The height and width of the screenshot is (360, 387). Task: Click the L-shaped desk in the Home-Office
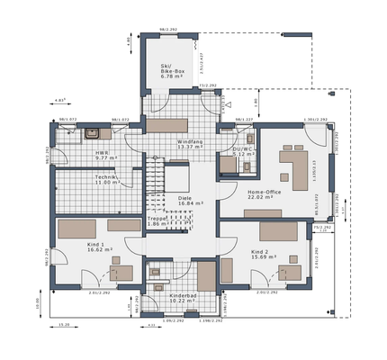click(296, 167)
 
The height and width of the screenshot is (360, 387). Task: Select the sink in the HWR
click(94, 134)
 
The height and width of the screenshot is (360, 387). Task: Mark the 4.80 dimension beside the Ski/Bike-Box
click(130, 40)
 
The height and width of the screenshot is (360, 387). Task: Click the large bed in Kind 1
click(82, 229)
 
